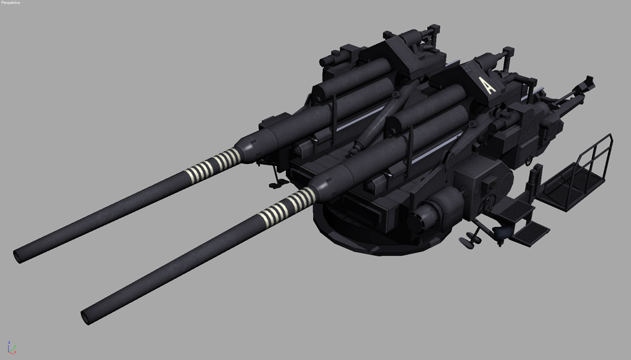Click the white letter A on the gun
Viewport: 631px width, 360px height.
click(487, 85)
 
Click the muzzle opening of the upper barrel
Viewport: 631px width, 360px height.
click(17, 256)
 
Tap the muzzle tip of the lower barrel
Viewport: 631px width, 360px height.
click(86, 317)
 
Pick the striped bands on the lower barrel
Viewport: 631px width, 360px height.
click(287, 208)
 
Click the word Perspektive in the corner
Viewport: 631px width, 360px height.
click(10, 2)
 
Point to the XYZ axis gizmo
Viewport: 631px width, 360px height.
click(12, 348)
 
